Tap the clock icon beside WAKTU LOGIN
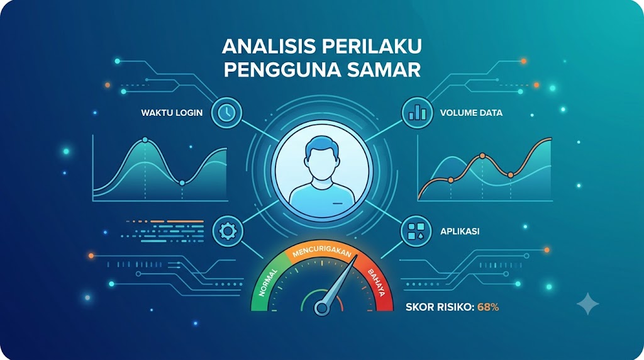pos(226,113)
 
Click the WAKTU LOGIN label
pos(172,113)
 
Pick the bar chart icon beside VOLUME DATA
pos(417,113)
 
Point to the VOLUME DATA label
pos(471,113)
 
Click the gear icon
pos(227,232)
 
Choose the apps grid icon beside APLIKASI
pos(416,232)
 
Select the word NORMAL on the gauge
pos(268,283)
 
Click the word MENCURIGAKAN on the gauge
pos(322,252)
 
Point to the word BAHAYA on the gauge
pos(376,283)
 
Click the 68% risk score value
pos(488,307)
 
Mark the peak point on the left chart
pos(145,140)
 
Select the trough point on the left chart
pos(182,183)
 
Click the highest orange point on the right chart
pos(482,156)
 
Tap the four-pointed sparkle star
pos(588,304)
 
